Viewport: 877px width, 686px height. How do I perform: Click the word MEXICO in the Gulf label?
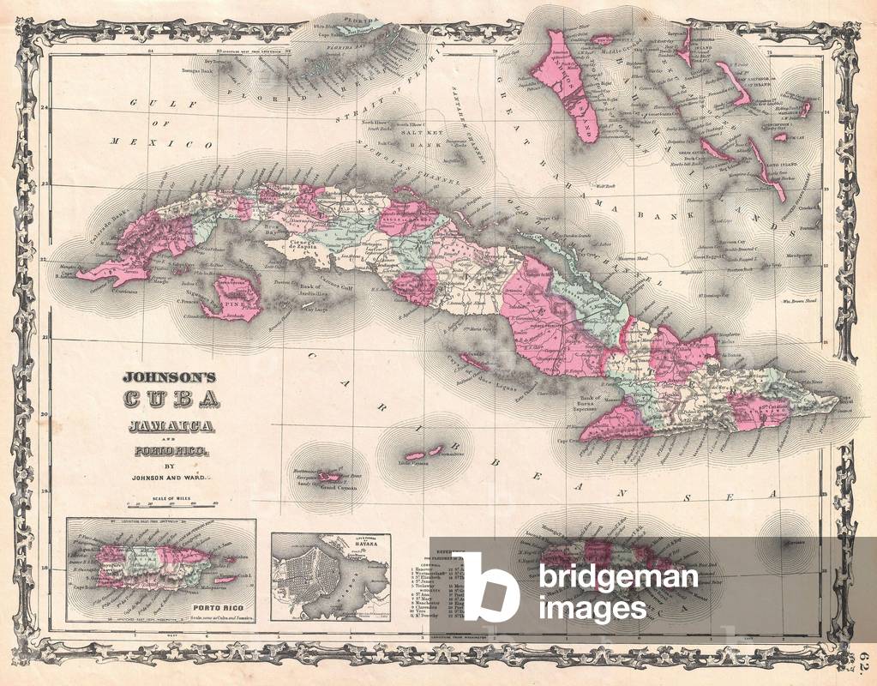pos(160,144)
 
